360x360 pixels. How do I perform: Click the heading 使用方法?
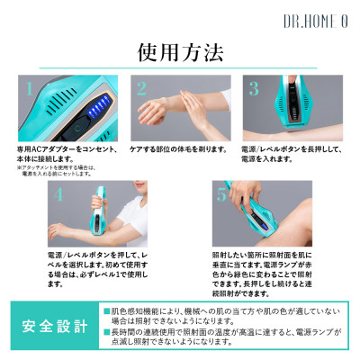(x=179, y=53)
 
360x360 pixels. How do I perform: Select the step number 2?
(x=140, y=88)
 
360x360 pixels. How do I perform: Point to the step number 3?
(x=254, y=88)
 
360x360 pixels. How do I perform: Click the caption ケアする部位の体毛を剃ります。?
(x=178, y=147)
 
